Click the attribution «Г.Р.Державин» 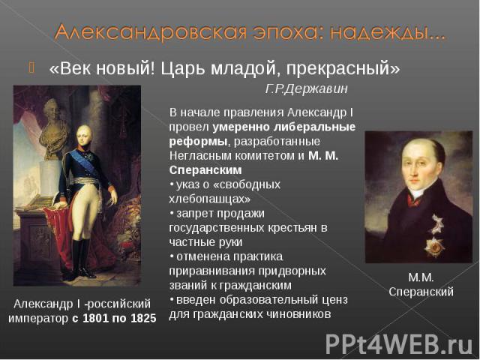coord(307,89)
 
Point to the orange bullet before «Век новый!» coord(31,67)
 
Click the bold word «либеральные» coord(314,127)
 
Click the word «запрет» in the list coord(194,214)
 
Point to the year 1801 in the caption coord(95,318)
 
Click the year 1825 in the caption coord(143,318)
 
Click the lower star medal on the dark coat coord(434,247)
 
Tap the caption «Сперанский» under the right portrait coord(421,292)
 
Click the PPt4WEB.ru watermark coord(398,343)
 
